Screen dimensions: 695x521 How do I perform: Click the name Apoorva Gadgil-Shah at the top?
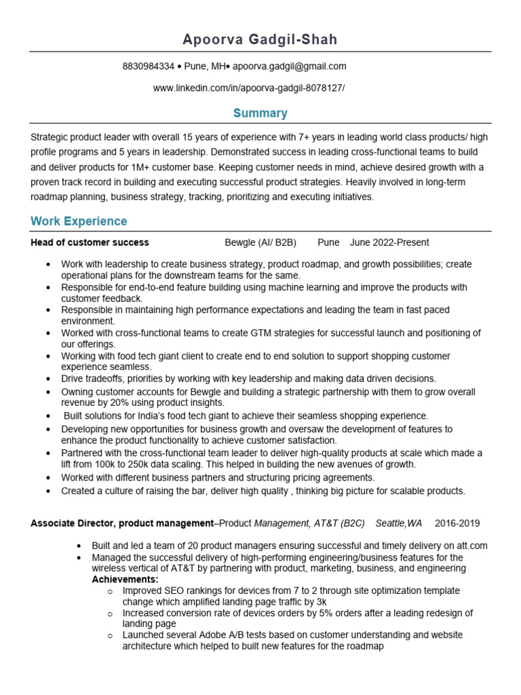click(260, 40)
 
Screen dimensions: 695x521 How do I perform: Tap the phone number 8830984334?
click(148, 67)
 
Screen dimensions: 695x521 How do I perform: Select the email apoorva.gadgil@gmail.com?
click(290, 67)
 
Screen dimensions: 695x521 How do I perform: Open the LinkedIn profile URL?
click(248, 88)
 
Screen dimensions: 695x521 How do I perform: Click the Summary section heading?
click(260, 113)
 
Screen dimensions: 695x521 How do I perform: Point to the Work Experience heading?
click(79, 221)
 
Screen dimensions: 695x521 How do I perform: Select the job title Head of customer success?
click(90, 242)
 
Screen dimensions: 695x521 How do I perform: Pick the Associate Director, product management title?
click(122, 523)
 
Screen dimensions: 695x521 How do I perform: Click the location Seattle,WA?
click(399, 523)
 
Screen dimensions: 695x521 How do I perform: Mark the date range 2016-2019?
click(457, 523)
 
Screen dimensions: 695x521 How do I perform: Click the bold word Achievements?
click(125, 580)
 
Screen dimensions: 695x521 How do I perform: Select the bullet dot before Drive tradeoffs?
click(47, 379)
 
